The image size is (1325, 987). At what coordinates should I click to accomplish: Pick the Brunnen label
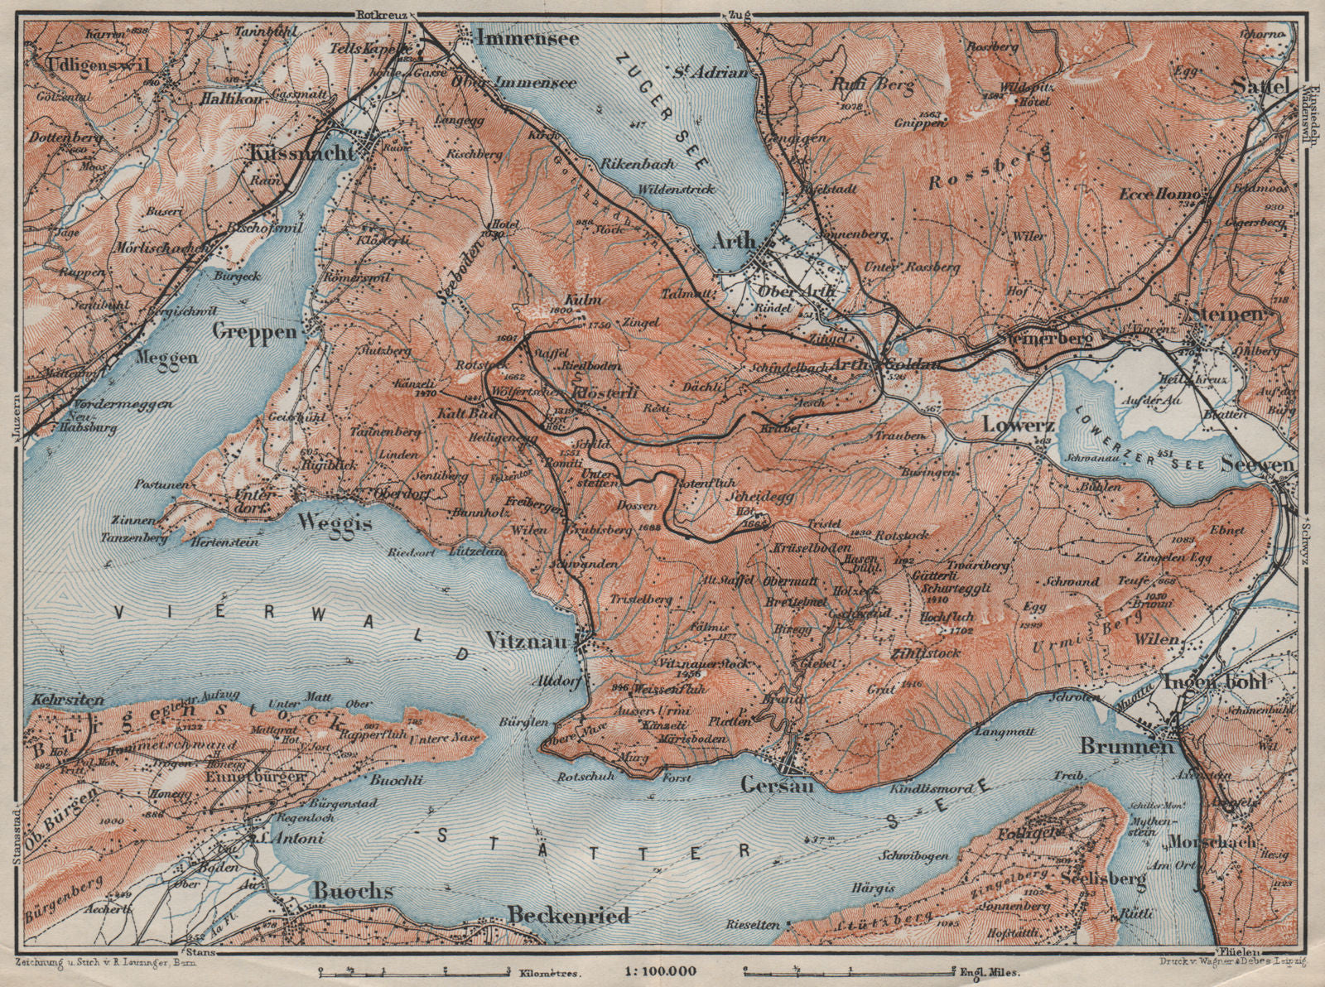[x=1127, y=745]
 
